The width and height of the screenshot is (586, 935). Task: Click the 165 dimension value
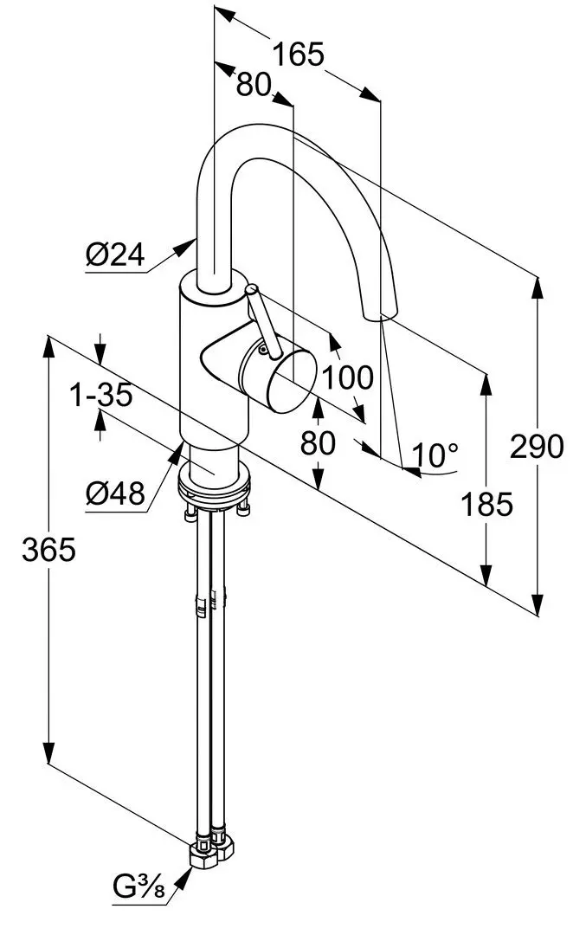[298, 55]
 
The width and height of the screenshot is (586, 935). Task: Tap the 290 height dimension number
[537, 447]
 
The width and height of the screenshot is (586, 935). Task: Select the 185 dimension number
[487, 503]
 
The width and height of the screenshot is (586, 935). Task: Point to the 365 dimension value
[48, 549]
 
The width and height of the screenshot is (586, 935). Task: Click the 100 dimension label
[348, 377]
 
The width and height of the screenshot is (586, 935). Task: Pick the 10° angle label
[435, 453]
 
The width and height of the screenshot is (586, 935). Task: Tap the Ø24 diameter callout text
[114, 255]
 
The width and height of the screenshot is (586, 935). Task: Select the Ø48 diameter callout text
[114, 494]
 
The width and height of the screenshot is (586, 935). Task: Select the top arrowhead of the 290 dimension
[538, 285]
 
